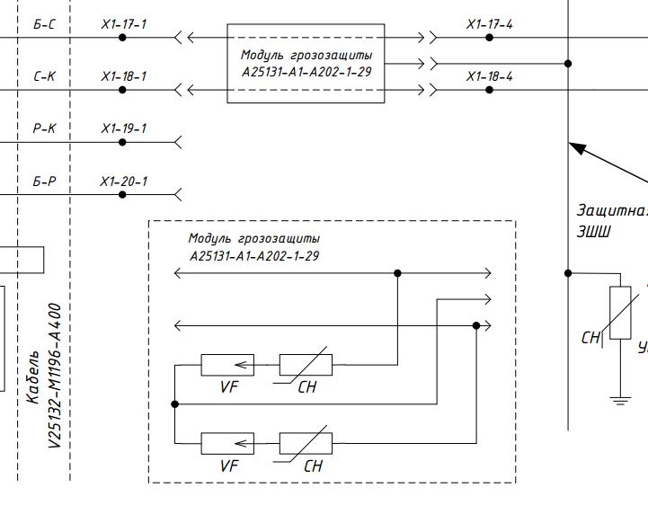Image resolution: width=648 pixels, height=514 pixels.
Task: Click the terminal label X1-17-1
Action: [123, 24]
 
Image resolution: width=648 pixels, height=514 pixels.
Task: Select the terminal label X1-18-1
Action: [123, 76]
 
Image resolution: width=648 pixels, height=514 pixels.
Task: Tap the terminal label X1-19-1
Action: [123, 128]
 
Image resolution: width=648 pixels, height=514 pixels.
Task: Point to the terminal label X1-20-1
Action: [123, 182]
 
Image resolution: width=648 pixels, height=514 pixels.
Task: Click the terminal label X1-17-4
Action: [489, 24]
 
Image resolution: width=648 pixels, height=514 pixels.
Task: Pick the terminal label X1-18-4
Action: [489, 76]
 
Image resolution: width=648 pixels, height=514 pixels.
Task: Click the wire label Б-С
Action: [44, 24]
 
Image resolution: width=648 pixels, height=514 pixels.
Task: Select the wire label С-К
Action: [44, 76]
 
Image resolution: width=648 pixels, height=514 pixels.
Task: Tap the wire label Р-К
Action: [44, 128]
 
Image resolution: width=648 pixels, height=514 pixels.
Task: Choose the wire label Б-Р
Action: [44, 182]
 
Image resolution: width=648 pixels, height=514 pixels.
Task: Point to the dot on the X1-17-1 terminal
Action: [123, 38]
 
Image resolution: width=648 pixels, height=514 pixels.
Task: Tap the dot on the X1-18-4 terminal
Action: [489, 90]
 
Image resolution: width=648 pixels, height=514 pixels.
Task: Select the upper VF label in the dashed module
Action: [229, 387]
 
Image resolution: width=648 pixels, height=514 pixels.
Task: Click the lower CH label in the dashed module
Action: [312, 465]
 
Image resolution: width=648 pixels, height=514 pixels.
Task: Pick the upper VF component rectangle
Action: [226, 365]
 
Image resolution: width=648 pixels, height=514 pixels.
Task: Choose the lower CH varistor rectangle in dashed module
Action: [306, 443]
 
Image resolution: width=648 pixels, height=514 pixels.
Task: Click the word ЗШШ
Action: [595, 231]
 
